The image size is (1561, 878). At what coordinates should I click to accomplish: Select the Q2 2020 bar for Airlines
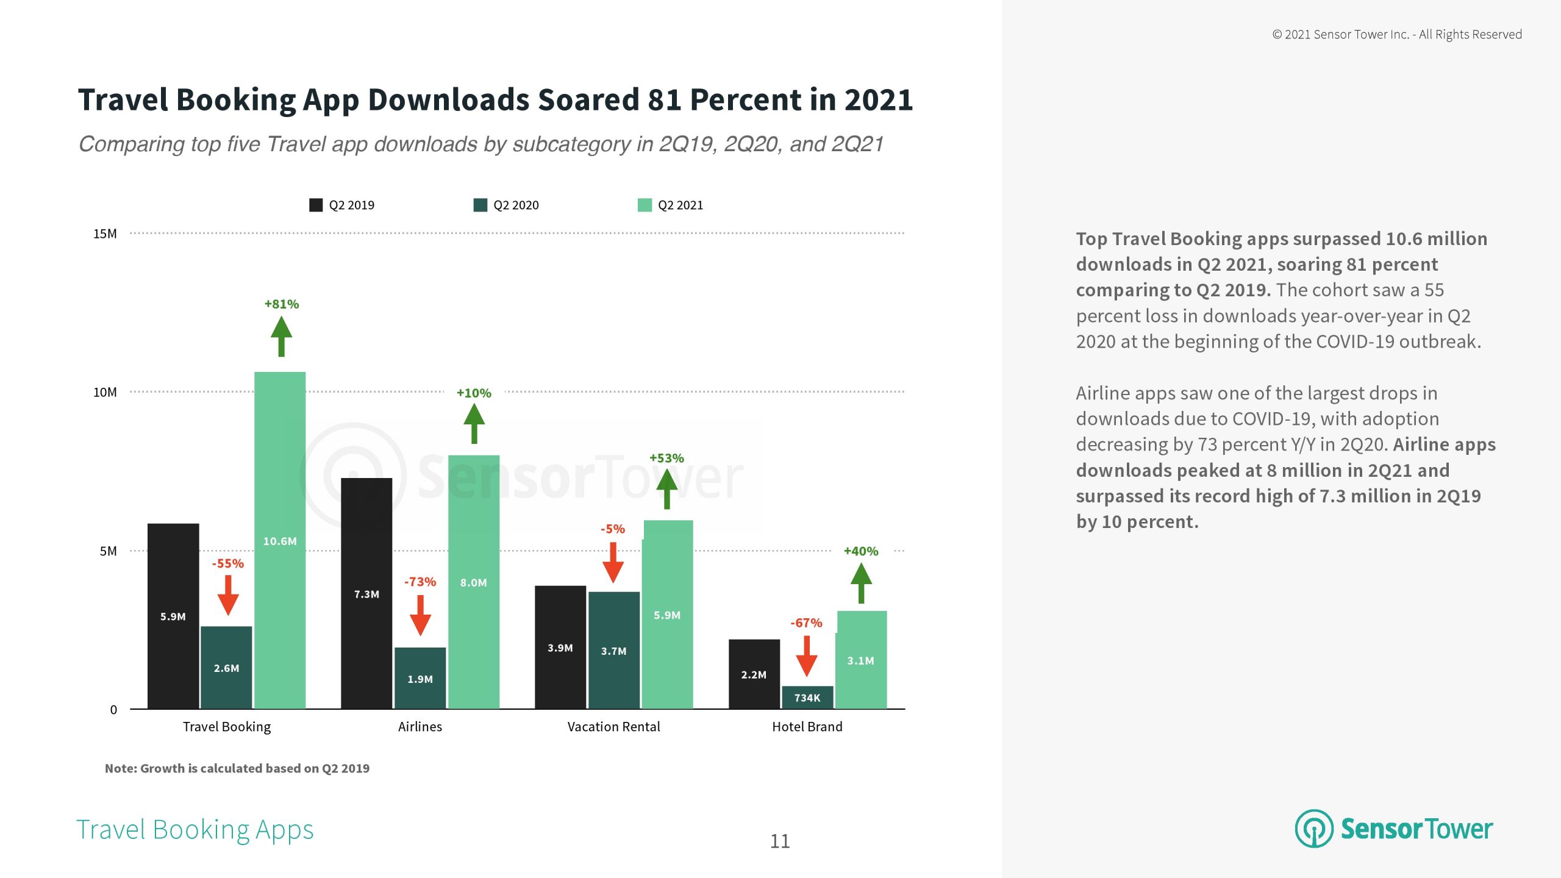click(x=420, y=677)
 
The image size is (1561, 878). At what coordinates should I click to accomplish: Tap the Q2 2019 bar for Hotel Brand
click(x=754, y=674)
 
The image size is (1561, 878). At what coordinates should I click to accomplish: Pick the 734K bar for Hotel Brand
click(x=807, y=698)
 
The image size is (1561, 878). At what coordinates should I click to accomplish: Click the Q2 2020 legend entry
click(x=506, y=205)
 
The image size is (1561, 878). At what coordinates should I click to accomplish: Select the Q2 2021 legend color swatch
click(x=645, y=205)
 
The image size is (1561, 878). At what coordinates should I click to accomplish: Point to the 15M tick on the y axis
click(x=105, y=234)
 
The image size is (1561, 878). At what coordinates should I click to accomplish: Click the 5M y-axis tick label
click(x=108, y=551)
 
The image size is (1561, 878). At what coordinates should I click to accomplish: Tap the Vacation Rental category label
click(x=613, y=726)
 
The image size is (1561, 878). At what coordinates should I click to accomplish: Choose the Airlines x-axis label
click(x=420, y=726)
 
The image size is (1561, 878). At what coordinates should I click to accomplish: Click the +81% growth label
click(x=281, y=304)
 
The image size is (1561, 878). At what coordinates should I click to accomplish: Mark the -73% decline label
click(x=420, y=582)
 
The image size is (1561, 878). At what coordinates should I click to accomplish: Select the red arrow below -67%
click(x=807, y=655)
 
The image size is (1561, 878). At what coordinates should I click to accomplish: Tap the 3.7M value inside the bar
click(x=613, y=651)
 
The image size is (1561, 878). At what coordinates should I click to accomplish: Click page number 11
click(x=780, y=841)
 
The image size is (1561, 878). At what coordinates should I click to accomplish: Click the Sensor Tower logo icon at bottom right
click(x=1314, y=829)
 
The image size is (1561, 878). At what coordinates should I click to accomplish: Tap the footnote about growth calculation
click(x=237, y=768)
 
